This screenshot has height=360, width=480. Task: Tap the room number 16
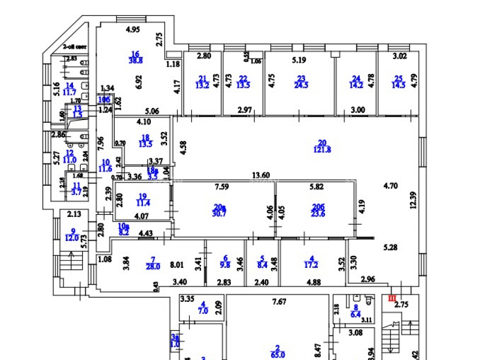[x=135, y=54]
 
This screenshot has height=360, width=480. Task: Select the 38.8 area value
[x=135, y=60]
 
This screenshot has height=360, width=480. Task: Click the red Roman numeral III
[x=391, y=298]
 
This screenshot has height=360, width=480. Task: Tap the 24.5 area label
[x=301, y=86]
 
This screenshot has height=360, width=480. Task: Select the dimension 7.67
[x=280, y=301]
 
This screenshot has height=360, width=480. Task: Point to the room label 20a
[x=219, y=206]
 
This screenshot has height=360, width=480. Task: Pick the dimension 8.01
[x=177, y=264]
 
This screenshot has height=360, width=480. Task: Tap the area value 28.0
[x=154, y=267]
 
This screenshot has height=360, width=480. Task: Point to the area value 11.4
[x=143, y=204]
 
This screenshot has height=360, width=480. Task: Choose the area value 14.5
[x=398, y=86]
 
